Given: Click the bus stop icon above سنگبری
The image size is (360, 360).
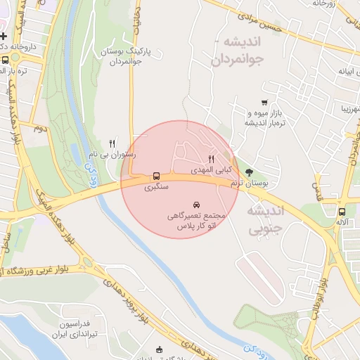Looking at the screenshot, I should (156, 176).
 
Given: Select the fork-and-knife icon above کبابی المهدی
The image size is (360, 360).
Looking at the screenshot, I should (211, 160).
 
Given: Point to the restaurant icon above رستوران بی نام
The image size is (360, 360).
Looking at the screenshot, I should (112, 143).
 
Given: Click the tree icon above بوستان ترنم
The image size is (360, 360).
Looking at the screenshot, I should (249, 171).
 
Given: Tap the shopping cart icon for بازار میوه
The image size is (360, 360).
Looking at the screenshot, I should (264, 103).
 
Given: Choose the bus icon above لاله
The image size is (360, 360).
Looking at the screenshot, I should (342, 211).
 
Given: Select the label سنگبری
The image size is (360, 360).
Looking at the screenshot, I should (157, 188).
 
